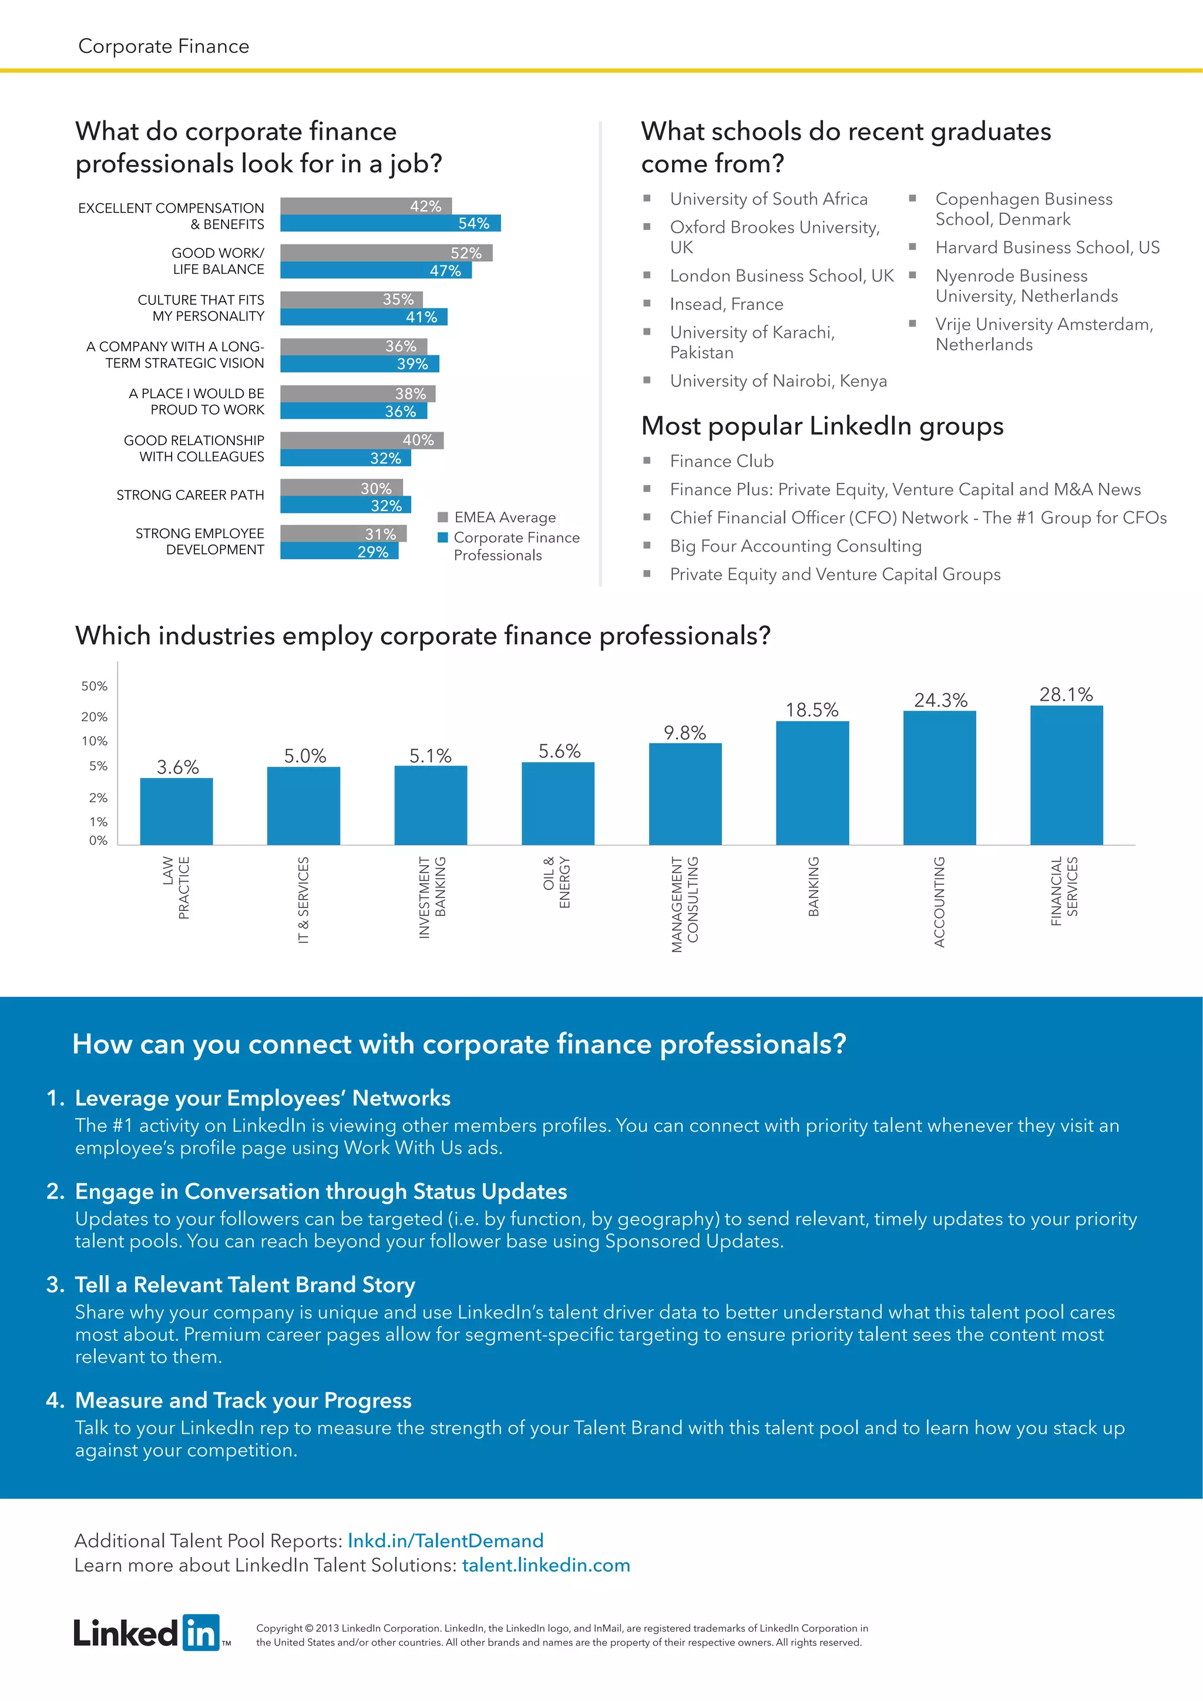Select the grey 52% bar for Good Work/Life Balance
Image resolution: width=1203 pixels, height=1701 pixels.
pyautogui.click(x=385, y=253)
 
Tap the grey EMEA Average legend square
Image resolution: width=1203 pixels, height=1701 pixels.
pyautogui.click(x=443, y=517)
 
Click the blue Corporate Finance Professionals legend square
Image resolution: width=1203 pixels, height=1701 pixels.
pyautogui.click(x=443, y=537)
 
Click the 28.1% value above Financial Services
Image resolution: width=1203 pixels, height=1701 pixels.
pyautogui.click(x=1066, y=694)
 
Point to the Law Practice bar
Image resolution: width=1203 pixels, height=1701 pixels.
pyautogui.click(x=176, y=811)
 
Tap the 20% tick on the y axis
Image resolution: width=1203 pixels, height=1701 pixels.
pyautogui.click(x=94, y=717)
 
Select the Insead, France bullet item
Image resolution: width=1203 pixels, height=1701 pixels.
pyautogui.click(x=726, y=304)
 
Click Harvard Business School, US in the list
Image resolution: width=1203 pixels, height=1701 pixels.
pyautogui.click(x=1047, y=247)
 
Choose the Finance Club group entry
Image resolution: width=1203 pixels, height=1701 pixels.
pyautogui.click(x=721, y=461)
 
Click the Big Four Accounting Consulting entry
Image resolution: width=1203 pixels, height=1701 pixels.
pyautogui.click(x=795, y=546)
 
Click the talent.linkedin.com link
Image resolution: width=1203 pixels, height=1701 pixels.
pyautogui.click(x=546, y=1565)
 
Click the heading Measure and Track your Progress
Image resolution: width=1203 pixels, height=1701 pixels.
pyautogui.click(x=243, y=1400)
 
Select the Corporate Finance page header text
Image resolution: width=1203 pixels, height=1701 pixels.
pyautogui.click(x=164, y=46)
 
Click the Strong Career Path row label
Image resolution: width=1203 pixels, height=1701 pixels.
pyautogui.click(x=190, y=495)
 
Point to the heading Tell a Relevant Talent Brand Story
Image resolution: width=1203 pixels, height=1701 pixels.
pyautogui.click(x=244, y=1284)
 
